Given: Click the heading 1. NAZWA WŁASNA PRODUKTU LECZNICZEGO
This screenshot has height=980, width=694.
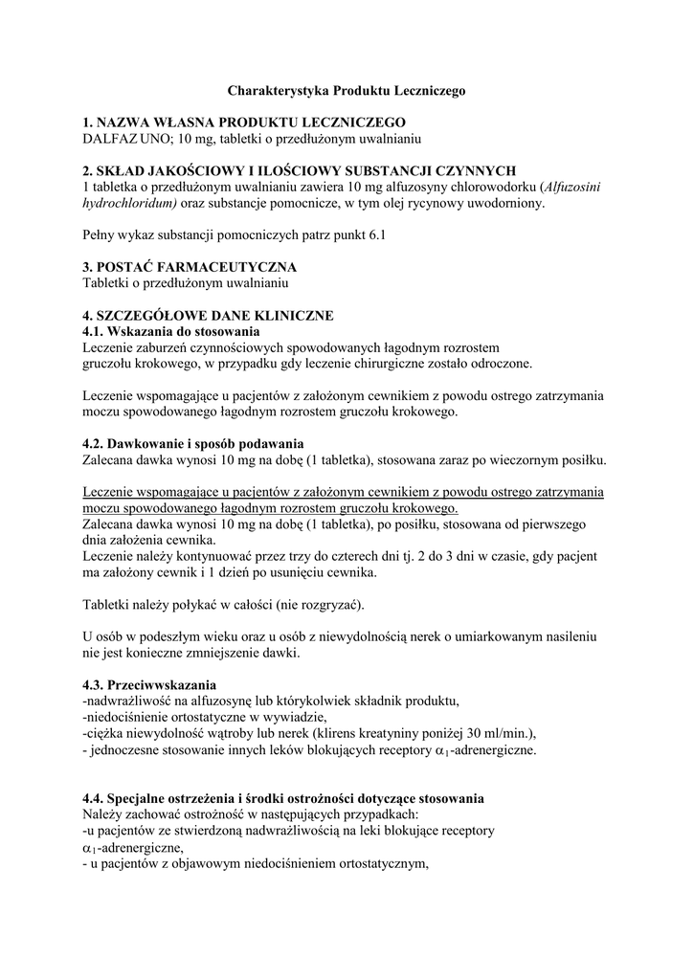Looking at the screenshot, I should (244, 122).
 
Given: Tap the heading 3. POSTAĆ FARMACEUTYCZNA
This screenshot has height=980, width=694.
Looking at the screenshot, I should (190, 266).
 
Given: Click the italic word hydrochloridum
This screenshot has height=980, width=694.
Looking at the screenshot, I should (129, 203).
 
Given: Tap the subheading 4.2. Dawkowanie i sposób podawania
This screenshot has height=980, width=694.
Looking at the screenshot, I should (192, 444).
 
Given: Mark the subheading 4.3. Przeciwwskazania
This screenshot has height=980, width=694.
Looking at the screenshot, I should (149, 685).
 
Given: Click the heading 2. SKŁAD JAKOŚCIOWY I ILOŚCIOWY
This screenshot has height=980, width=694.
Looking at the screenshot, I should (301, 170).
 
